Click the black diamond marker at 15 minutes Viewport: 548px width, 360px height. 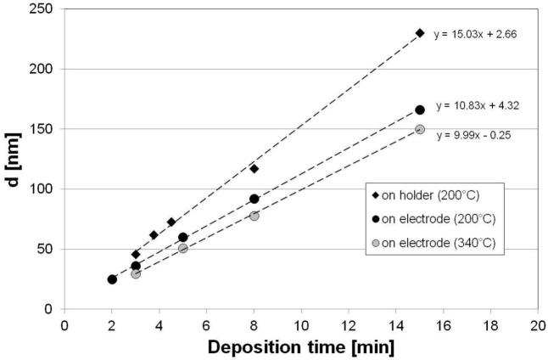(x=420, y=32)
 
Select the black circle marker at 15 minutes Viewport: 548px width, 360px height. (x=420, y=110)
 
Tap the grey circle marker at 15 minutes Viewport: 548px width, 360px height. (x=420, y=129)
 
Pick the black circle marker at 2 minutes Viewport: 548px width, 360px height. (x=112, y=279)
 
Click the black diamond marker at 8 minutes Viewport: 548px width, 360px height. (x=254, y=168)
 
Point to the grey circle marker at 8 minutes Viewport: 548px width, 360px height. (x=254, y=216)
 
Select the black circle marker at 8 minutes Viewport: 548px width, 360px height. (x=254, y=199)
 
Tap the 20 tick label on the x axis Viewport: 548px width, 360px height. (x=538, y=324)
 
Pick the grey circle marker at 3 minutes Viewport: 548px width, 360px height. (x=136, y=273)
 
